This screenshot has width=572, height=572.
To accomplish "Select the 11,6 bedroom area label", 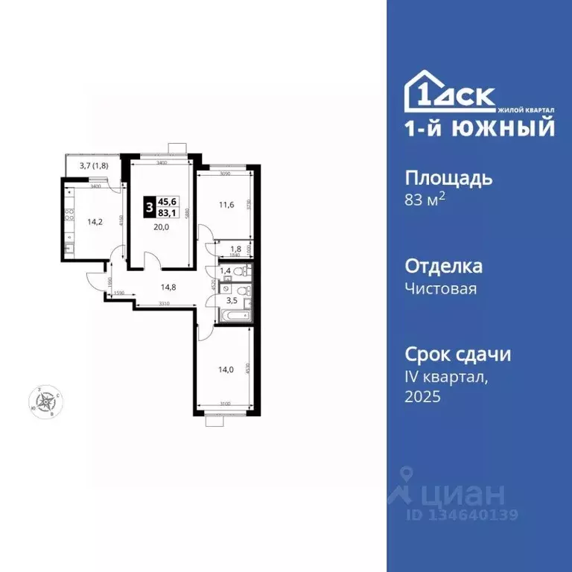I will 226,205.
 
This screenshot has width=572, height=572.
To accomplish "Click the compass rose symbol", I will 48,402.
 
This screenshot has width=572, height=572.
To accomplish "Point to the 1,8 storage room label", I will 235,250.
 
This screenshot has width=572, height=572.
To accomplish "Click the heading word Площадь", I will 448,179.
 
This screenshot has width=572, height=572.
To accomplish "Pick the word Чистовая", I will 441,289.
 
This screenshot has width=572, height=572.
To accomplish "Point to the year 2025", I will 423,397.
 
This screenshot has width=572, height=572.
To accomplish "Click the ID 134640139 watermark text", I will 462,515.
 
